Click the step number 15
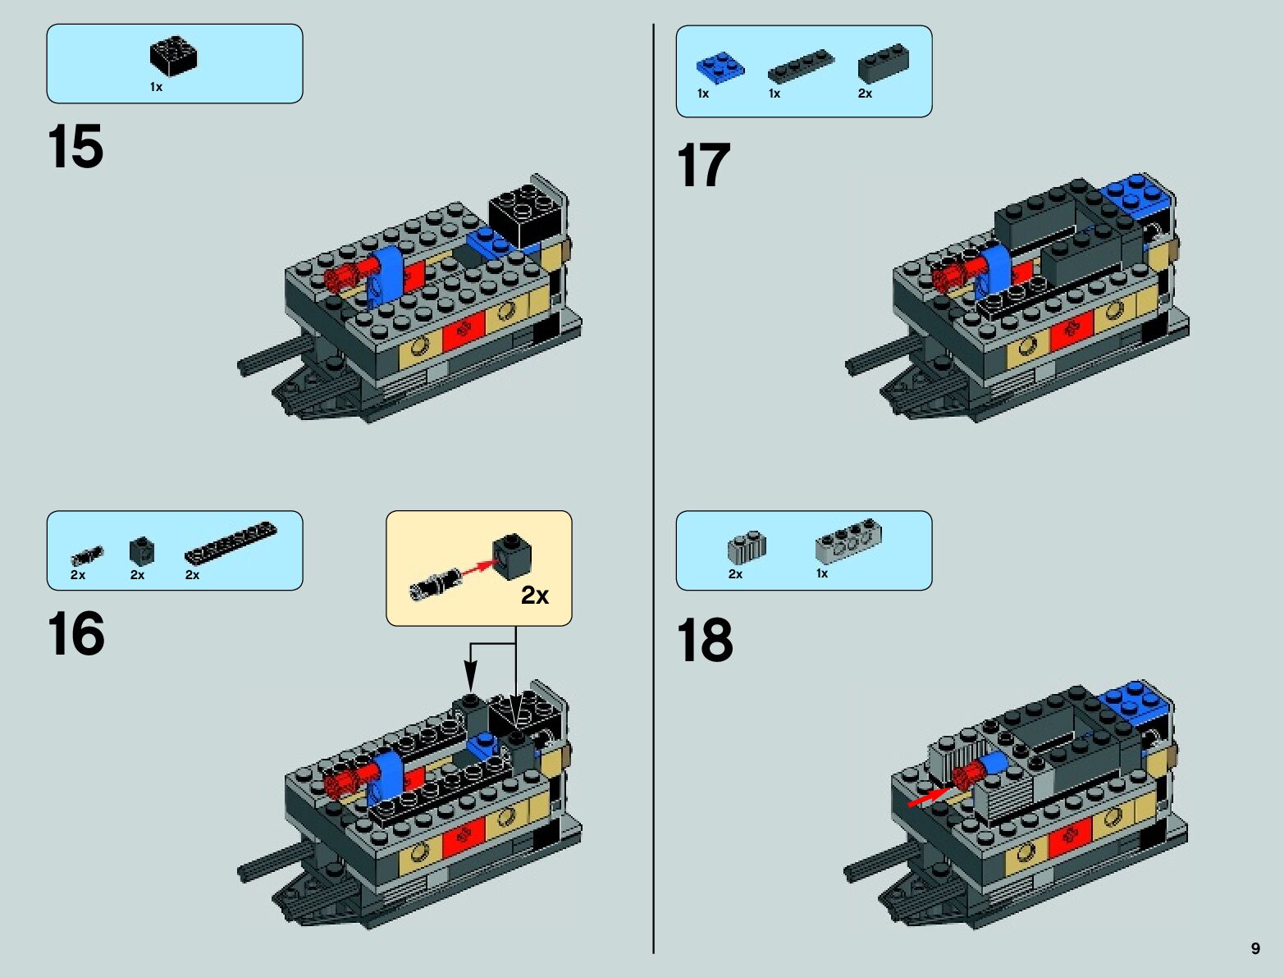coord(75,146)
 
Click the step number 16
coord(76,633)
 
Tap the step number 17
coord(704,165)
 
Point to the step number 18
coord(705,640)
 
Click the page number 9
coord(1255,948)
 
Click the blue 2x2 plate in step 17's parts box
coord(720,68)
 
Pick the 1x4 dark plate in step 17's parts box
coord(801,66)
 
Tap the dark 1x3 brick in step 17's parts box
coord(884,62)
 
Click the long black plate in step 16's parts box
coord(231,543)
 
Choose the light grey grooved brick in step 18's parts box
coord(747,547)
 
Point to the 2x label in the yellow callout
coord(535,596)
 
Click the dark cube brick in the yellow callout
coord(512,555)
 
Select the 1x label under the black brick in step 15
coord(156,87)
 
